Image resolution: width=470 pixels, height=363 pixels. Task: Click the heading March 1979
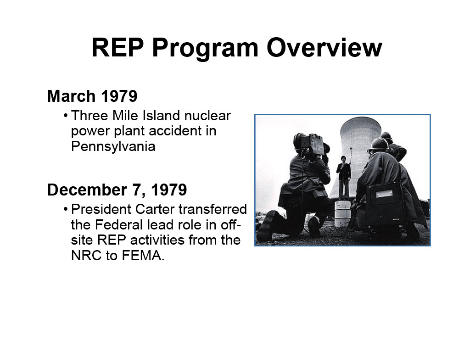(92, 96)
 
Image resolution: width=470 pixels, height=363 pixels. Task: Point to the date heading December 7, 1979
(117, 190)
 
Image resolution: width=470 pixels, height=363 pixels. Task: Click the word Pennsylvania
(113, 146)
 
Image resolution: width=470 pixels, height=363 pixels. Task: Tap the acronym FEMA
(143, 256)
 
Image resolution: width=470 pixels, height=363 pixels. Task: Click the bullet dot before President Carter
(65, 209)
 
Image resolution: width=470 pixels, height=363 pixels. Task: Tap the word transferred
(213, 209)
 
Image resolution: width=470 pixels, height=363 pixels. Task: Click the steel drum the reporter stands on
(342, 213)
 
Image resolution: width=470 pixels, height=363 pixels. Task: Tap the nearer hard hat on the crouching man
(378, 145)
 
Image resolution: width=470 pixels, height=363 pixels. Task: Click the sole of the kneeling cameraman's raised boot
(265, 225)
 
